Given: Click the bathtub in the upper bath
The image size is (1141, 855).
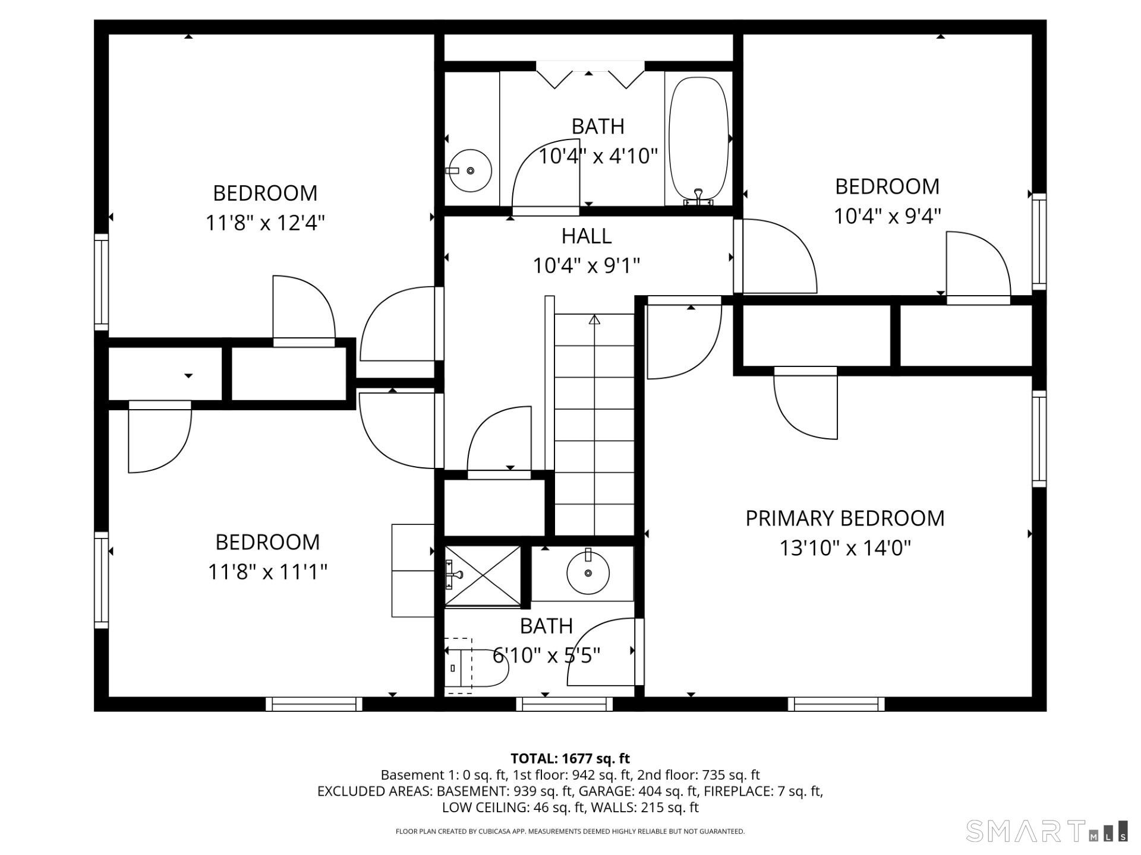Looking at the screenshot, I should coord(699,140).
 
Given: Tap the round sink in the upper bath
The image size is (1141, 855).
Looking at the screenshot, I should coord(469,170).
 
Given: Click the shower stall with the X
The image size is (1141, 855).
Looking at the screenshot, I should coord(483,576).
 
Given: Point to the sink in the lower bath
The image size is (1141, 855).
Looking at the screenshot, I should coord(588,573).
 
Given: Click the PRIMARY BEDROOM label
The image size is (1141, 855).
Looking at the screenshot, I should coord(844,518).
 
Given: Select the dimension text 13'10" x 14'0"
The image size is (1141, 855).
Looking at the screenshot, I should coord(844,547).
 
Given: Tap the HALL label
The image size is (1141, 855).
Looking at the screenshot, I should coord(586,236).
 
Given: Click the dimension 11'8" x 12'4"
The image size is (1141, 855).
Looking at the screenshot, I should coord(265,223).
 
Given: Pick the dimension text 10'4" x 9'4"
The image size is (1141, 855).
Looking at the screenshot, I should coord(887,216).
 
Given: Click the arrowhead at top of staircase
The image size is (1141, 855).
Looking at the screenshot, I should coord(594,320).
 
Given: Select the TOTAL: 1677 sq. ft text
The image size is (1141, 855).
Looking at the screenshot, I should coord(570,758).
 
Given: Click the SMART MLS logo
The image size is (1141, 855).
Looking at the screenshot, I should coord(1046,831).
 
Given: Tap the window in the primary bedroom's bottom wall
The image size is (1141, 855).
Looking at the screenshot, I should coord(836,704).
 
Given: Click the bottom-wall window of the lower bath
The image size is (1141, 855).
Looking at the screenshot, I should coord(564,704).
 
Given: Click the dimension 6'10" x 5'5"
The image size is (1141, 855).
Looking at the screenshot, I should coord(546,655).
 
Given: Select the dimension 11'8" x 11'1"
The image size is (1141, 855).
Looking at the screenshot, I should coord(267,572).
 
